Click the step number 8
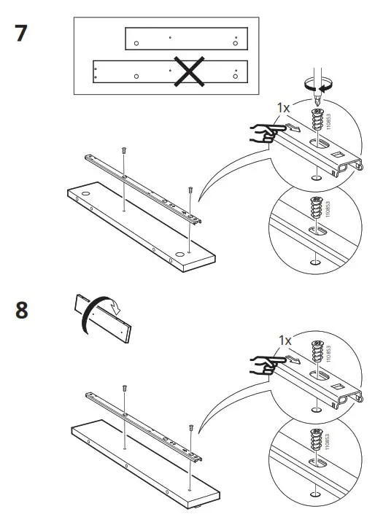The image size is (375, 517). pyautogui.click(x=23, y=310)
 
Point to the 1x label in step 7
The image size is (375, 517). pyautogui.click(x=284, y=106)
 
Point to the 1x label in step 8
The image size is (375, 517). pyautogui.click(x=286, y=340)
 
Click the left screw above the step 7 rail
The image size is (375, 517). pyautogui.click(x=124, y=150)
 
